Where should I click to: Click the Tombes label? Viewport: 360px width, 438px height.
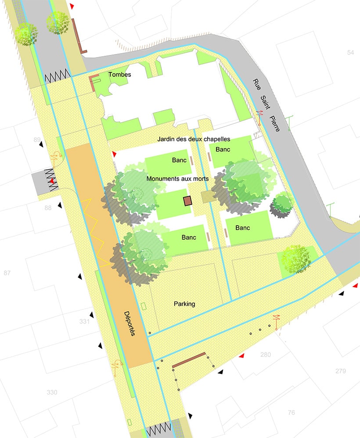[x=121, y=75]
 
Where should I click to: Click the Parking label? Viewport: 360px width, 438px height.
[x=184, y=304]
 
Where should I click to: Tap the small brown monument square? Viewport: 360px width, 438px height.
[x=188, y=201]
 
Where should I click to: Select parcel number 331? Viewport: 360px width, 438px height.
[x=85, y=322]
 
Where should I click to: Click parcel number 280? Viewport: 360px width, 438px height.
[x=266, y=355]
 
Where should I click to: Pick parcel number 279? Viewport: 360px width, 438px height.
[x=341, y=371]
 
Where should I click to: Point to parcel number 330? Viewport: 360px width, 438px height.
[x=52, y=392]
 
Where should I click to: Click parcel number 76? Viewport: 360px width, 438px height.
[x=291, y=413]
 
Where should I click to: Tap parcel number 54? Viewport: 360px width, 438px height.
[x=350, y=53]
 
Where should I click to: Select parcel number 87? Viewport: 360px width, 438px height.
[x=7, y=273]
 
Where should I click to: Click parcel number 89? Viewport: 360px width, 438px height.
[x=37, y=140]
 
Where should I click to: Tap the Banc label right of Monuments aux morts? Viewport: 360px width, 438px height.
[x=243, y=228]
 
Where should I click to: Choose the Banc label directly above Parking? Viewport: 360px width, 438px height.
[x=189, y=237]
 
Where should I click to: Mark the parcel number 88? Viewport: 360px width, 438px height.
[x=48, y=208]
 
